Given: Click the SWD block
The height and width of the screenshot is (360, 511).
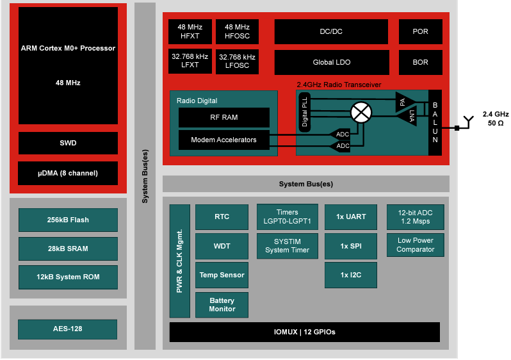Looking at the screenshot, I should coord(68,143).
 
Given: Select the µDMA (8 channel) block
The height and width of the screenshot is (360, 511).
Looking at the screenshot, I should coord(68,173).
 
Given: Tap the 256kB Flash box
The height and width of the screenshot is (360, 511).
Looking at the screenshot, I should coord(68,220).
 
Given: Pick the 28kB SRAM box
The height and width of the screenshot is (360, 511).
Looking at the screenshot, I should coord(68,249).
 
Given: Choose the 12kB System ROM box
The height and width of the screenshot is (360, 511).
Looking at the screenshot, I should coord(68,277).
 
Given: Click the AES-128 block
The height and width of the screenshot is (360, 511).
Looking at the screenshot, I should coord(68,329).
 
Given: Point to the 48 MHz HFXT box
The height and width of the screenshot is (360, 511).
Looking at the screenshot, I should coord(190,31).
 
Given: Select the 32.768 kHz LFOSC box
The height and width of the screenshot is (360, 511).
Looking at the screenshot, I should coord(237,61).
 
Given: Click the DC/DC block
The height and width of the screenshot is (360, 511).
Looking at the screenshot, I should coord(331,31).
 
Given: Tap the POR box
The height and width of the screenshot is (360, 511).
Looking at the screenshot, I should coord(421,31).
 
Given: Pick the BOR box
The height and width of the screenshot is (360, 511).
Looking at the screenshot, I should coord(421,62).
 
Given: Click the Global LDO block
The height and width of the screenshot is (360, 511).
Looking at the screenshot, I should coord(331,62).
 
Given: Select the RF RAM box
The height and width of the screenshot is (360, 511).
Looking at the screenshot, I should coord(223,117).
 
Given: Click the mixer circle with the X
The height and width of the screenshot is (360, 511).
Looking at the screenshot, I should coord(361,113).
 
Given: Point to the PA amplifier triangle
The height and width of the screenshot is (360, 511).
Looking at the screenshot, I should coord(403,101).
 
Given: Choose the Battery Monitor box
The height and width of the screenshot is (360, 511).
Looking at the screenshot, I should coord(222,305).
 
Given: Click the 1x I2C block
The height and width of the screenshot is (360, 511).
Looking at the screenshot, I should coord(351,275).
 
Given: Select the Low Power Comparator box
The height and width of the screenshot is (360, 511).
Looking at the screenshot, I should coord(415,245).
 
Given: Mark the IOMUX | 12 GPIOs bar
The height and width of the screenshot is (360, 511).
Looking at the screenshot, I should coord(304,332).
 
